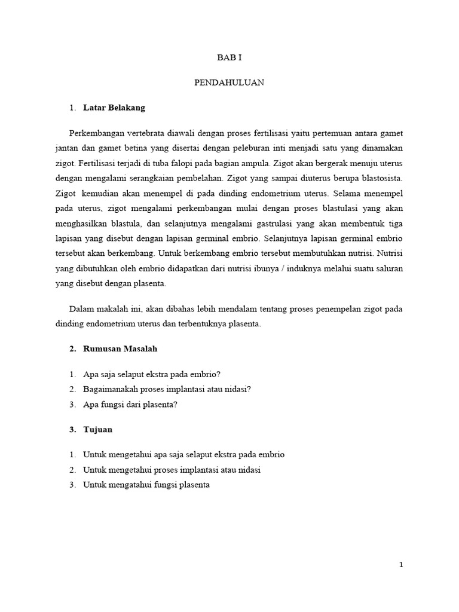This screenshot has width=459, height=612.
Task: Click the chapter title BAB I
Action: [x=229, y=58]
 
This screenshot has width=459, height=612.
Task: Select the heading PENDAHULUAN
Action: [x=229, y=83]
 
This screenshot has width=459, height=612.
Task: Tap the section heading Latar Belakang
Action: [x=114, y=108]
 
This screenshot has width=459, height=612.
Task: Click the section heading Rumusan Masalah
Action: [x=120, y=348]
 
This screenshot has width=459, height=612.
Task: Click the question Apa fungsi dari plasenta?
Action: [x=131, y=405]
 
